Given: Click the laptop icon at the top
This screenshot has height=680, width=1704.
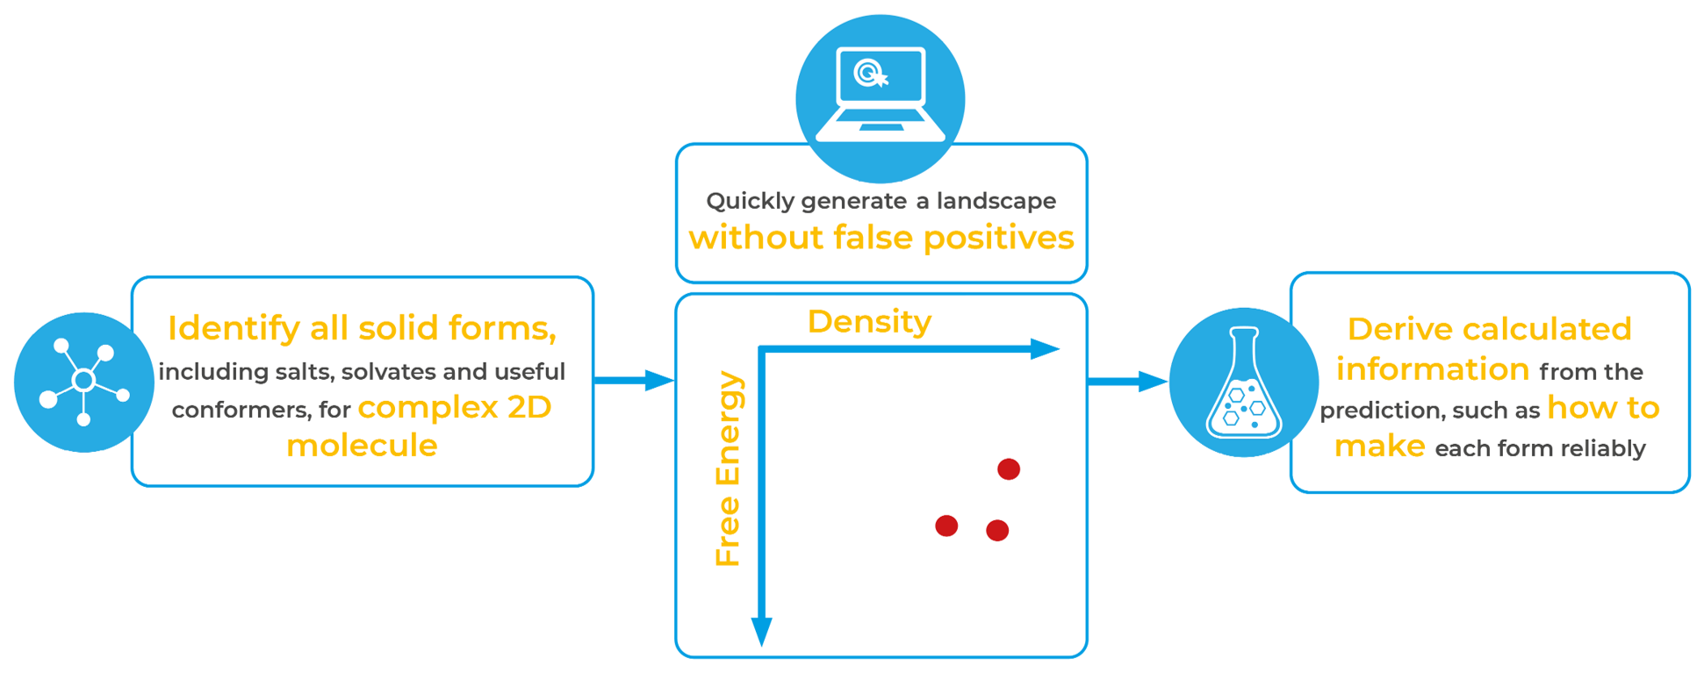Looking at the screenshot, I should click(x=880, y=95).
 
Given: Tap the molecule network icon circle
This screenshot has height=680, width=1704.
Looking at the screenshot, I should click(x=83, y=382).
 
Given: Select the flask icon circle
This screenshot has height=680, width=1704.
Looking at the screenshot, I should click(x=1243, y=382).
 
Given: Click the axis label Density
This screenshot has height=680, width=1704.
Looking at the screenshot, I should click(x=869, y=322).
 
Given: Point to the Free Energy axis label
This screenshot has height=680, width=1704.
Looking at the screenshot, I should click(x=729, y=469).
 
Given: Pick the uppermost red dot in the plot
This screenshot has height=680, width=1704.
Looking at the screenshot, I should click(x=1009, y=469).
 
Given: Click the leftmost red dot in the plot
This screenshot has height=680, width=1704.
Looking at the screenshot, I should click(x=946, y=526).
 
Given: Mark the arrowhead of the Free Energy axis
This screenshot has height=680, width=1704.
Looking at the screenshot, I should click(x=762, y=630).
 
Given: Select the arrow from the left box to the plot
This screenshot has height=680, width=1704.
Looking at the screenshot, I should click(x=634, y=380).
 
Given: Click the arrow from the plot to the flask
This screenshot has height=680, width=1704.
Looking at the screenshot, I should click(x=1127, y=382).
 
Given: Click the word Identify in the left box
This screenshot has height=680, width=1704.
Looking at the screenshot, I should click(x=234, y=329).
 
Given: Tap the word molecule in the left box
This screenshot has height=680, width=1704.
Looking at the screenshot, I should click(x=362, y=446).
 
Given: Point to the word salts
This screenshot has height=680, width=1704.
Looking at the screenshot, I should click(x=303, y=372).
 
